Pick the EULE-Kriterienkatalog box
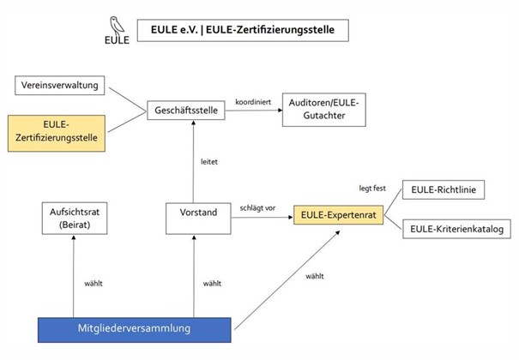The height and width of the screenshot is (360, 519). click(449, 229)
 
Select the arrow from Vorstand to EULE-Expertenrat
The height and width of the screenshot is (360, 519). click(258, 219)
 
